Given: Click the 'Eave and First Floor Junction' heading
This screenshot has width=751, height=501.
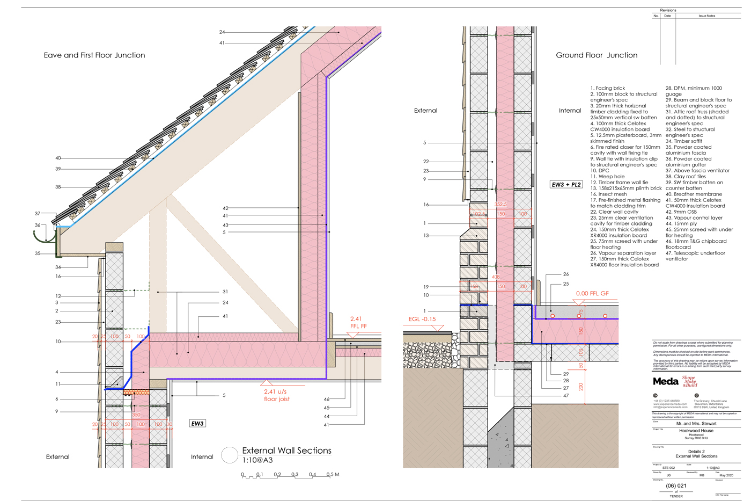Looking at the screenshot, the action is point(94,55).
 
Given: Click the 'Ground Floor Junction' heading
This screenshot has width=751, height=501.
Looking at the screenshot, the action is point(597,55).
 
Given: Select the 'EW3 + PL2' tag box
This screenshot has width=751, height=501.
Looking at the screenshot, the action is point(566,185).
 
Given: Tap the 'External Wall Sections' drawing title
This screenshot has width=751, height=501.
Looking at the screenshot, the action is point(286,451).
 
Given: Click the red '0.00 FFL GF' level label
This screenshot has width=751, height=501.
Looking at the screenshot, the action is point(592,294).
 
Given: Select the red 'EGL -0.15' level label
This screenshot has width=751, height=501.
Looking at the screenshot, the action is point(422,319).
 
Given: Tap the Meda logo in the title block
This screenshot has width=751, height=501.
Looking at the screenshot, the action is point(666,381).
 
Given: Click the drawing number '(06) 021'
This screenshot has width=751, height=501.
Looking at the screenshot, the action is point(676,486).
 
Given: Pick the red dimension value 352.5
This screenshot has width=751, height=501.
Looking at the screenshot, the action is point(500,205).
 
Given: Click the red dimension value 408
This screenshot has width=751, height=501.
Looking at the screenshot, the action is point(496,277).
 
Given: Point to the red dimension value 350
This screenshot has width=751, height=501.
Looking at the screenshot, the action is point(136,415).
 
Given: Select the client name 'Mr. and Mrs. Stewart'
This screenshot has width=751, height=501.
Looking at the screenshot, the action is point(696,424).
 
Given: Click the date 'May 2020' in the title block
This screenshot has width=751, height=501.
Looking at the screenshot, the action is point(726,475).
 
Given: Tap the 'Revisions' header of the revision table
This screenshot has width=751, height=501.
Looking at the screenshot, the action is point(668,10).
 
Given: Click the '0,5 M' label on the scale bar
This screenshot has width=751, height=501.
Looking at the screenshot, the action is point(333,475).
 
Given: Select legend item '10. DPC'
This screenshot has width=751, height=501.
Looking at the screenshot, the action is point(600,171).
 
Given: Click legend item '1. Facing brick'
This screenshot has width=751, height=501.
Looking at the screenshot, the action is point(608,88).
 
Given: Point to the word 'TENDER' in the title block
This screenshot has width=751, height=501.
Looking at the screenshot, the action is point(676,496).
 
